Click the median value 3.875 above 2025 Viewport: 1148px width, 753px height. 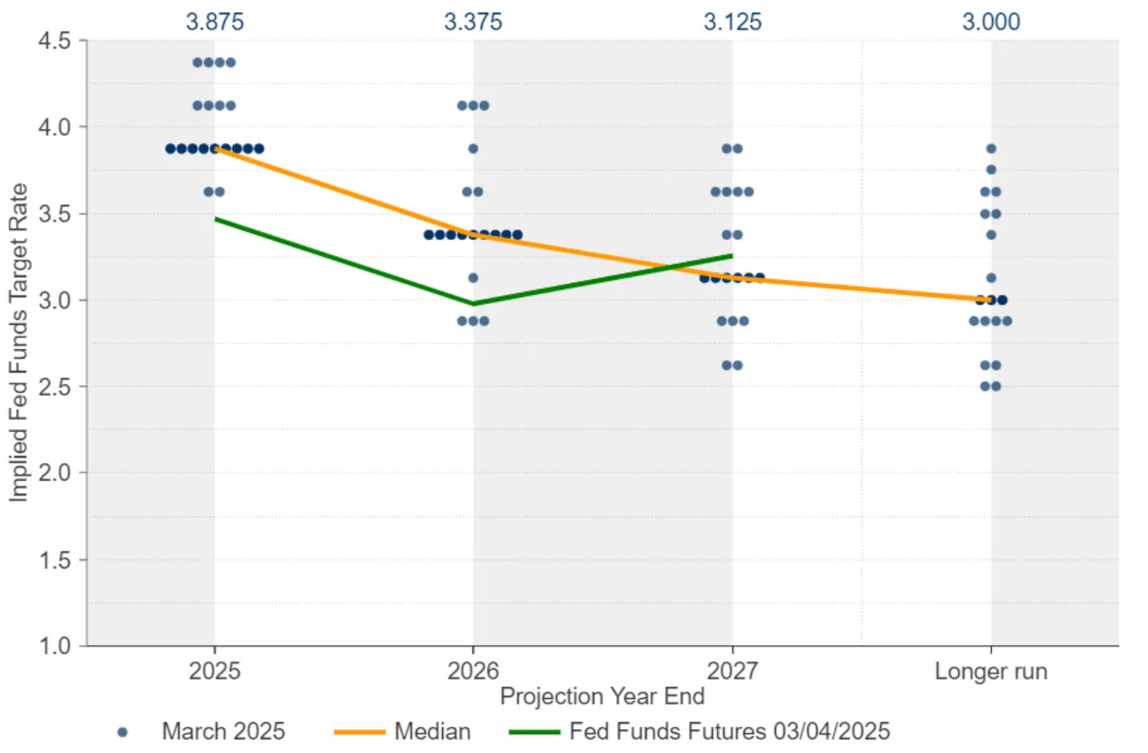pyautogui.click(x=214, y=21)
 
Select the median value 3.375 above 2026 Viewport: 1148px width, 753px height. pyautogui.click(x=473, y=21)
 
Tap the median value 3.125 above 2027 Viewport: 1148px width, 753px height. pyautogui.click(x=732, y=21)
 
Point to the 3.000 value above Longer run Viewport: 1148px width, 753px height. pyautogui.click(x=991, y=21)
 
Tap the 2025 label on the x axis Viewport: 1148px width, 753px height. pyautogui.click(x=214, y=671)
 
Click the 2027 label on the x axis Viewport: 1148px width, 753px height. pyautogui.click(x=732, y=671)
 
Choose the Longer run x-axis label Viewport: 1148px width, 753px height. pyautogui.click(x=991, y=671)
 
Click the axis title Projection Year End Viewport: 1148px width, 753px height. pyautogui.click(x=602, y=697)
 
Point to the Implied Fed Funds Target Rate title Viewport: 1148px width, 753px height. pyautogui.click(x=18, y=342)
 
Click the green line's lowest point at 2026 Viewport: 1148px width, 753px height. pyautogui.click(x=473, y=303)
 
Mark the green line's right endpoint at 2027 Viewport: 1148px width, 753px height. pyautogui.click(x=732, y=256)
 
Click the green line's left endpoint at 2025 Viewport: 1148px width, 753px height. pyautogui.click(x=215, y=218)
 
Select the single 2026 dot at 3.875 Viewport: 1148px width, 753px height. pyautogui.click(x=473, y=149)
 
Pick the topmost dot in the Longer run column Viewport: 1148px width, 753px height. pyautogui.click(x=991, y=149)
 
